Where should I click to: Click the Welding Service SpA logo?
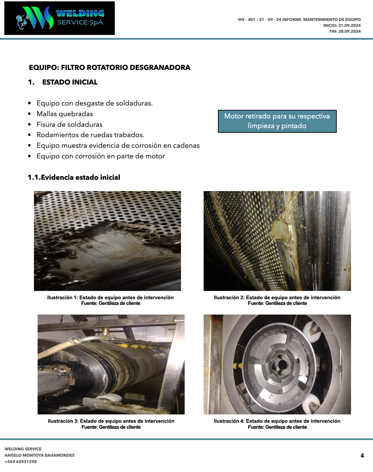coord(60,18)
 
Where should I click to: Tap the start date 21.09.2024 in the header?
coord(349,25)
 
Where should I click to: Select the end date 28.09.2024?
coord(349,31)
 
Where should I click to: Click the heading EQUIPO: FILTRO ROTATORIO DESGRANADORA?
coord(110,68)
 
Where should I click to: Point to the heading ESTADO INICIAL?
coord(70,82)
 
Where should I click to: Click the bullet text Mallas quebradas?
coord(65,114)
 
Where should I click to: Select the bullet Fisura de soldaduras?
coord(70,124)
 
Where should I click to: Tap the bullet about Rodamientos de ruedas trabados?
coord(91,135)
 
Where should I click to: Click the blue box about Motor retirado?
coord(277,121)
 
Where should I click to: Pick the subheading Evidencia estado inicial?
coord(81,177)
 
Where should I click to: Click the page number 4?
coord(362,456)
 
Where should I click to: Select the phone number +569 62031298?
coord(21,461)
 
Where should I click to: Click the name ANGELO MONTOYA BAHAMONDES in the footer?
coord(40,455)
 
